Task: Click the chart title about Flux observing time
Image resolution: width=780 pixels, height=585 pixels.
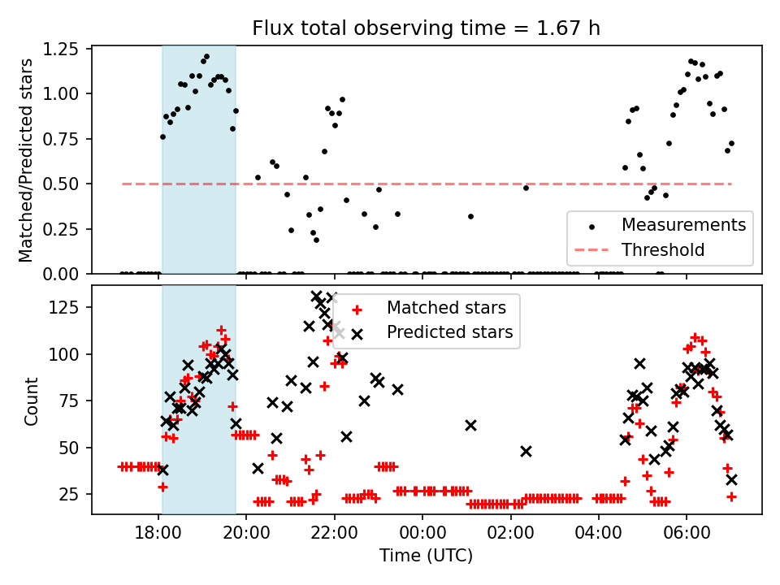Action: point(427,28)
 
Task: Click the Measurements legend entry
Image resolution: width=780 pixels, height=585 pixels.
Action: point(683,224)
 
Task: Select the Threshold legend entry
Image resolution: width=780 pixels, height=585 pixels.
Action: point(663,249)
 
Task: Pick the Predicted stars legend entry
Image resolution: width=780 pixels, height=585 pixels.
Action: point(449,332)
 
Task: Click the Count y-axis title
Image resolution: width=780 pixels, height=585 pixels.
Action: point(32,400)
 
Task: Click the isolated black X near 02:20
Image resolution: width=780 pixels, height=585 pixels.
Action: point(526,451)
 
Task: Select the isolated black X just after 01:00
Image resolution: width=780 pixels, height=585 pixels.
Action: point(470,425)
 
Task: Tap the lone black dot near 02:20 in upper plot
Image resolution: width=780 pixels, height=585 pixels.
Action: point(526,188)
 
